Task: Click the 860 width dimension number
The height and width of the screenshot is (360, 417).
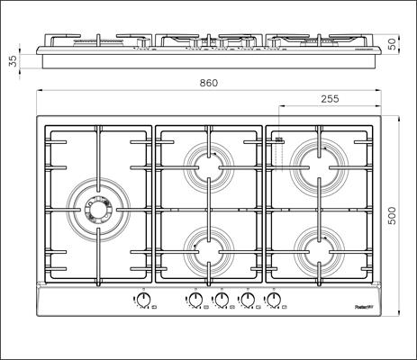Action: [208, 83]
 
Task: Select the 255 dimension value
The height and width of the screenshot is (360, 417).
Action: [330, 99]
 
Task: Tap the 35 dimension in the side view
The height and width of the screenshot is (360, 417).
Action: [12, 61]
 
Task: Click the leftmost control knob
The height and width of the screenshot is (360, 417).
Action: [143, 301]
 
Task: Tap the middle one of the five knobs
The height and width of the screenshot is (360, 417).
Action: [221, 301]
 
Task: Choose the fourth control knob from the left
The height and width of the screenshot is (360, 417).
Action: [246, 301]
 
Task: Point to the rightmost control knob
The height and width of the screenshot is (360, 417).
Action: [272, 301]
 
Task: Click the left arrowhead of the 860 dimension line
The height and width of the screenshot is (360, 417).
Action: [39, 92]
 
